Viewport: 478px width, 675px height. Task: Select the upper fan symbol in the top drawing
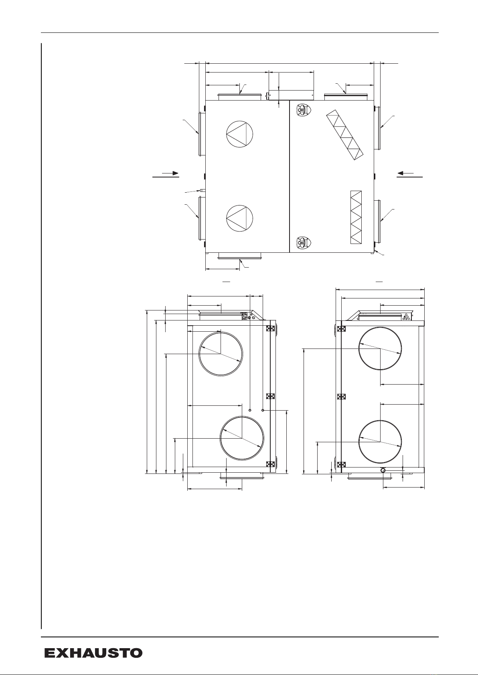click(239, 134)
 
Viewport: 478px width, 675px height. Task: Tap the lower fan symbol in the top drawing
click(239, 218)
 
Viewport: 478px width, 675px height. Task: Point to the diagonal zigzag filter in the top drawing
click(345, 134)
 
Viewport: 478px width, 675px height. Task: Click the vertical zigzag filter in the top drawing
click(356, 217)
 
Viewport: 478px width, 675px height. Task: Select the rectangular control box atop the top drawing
click(291, 95)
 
